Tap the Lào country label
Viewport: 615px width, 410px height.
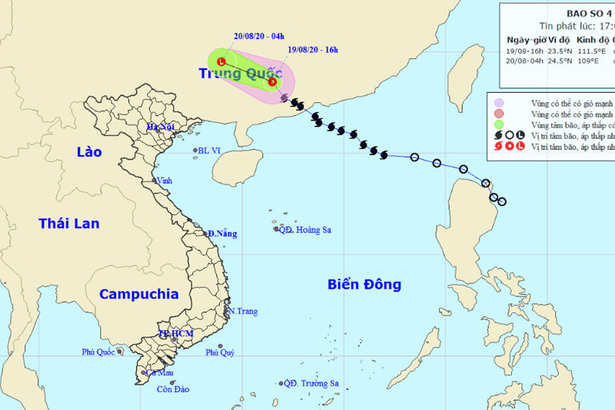(89, 152)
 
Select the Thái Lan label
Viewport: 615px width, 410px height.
(69, 223)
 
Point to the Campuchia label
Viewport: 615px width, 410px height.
(139, 294)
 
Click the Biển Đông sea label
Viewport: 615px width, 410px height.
(364, 284)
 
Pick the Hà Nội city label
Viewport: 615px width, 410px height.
(163, 127)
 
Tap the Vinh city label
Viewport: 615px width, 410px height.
(165, 180)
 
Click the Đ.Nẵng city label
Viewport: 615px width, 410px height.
(222, 233)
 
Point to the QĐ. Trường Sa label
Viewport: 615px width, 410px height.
(311, 383)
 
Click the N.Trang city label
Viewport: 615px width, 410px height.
(242, 311)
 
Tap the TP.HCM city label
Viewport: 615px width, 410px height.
(175, 334)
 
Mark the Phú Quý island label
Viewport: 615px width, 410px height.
(220, 353)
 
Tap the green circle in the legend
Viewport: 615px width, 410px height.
(499, 124)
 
